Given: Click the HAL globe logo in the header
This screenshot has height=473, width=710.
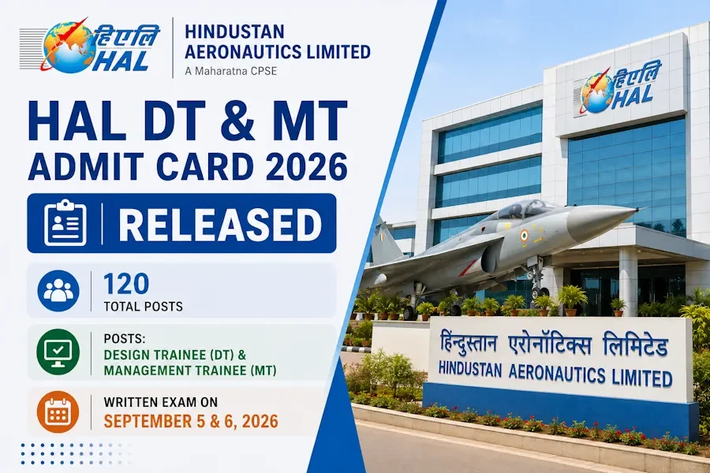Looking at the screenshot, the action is [x=90, y=47].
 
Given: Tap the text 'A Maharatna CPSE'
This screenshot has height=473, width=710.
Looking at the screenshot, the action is [x=230, y=71].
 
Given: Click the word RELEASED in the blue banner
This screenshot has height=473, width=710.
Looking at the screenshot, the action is [x=220, y=224].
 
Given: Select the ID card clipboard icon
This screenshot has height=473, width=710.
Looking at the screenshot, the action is [x=65, y=223].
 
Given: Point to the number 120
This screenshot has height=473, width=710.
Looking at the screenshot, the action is [x=126, y=284].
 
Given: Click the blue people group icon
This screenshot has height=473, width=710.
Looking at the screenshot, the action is [x=58, y=291].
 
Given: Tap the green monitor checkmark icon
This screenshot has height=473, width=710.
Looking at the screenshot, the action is [x=58, y=352].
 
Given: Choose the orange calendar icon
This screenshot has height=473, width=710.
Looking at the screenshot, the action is [x=58, y=412].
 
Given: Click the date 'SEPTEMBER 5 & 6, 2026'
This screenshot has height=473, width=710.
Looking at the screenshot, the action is [x=191, y=421].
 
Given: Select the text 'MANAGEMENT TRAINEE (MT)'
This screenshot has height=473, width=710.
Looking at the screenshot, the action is [x=190, y=371].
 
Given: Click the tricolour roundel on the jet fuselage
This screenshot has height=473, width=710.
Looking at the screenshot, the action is [x=524, y=236].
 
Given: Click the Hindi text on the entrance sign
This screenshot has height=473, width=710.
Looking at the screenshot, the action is [x=554, y=346].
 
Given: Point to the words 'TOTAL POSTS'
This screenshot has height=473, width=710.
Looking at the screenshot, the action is [x=143, y=307].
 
